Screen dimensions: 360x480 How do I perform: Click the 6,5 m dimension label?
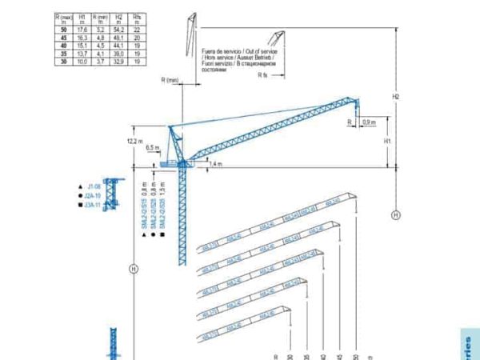coord(152,148)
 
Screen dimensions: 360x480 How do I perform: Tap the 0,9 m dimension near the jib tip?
coord(369,122)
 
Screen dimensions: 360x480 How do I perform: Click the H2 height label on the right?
coord(394,96)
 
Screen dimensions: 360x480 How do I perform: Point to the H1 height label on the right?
coord(387,140)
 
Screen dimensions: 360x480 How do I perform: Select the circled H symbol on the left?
coord(134,268)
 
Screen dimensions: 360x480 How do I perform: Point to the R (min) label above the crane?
coord(169,81)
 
